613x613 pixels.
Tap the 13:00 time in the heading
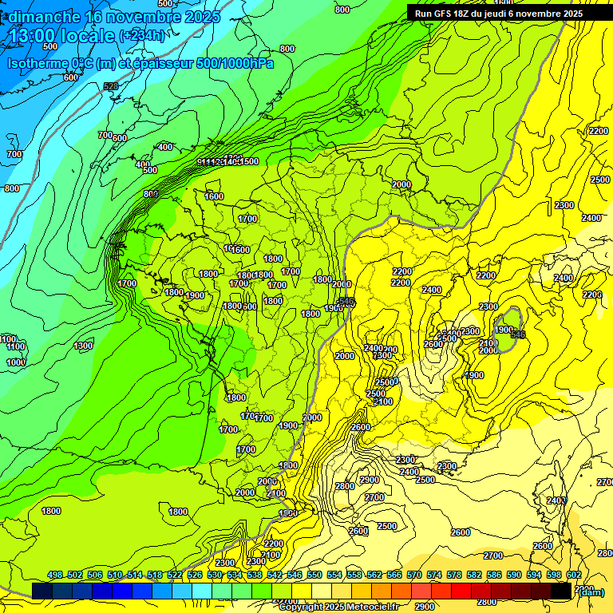click(x=35, y=35)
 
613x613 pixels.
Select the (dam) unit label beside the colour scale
click(x=590, y=591)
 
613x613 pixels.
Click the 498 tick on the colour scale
click(x=55, y=575)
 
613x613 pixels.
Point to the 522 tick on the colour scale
click(x=175, y=575)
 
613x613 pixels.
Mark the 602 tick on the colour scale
click(x=574, y=575)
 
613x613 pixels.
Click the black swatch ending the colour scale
click(x=561, y=591)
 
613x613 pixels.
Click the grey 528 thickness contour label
click(x=110, y=86)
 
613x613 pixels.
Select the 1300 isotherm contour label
click(x=83, y=346)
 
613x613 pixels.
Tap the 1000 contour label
click(x=16, y=362)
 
